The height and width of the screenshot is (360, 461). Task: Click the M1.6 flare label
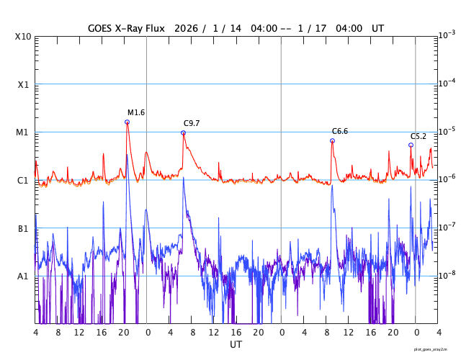[x=136, y=112]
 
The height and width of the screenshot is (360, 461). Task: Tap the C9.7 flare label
[x=192, y=123]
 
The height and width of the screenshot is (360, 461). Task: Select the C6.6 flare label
[x=340, y=131]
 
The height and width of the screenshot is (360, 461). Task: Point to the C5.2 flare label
[x=419, y=136]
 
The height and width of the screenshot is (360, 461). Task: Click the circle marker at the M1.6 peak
[x=127, y=122]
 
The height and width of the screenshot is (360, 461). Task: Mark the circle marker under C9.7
[x=183, y=132]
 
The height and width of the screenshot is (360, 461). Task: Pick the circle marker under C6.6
[x=332, y=140]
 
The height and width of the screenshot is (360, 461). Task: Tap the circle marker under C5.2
[x=411, y=145]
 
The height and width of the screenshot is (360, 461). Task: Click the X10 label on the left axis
[x=22, y=37]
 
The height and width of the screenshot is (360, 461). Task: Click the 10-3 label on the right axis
[x=447, y=35]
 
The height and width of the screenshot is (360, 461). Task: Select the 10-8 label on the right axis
[x=447, y=275]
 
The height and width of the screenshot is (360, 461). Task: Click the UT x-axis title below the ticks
[x=236, y=344]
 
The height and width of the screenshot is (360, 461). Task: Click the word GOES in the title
[x=102, y=27]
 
